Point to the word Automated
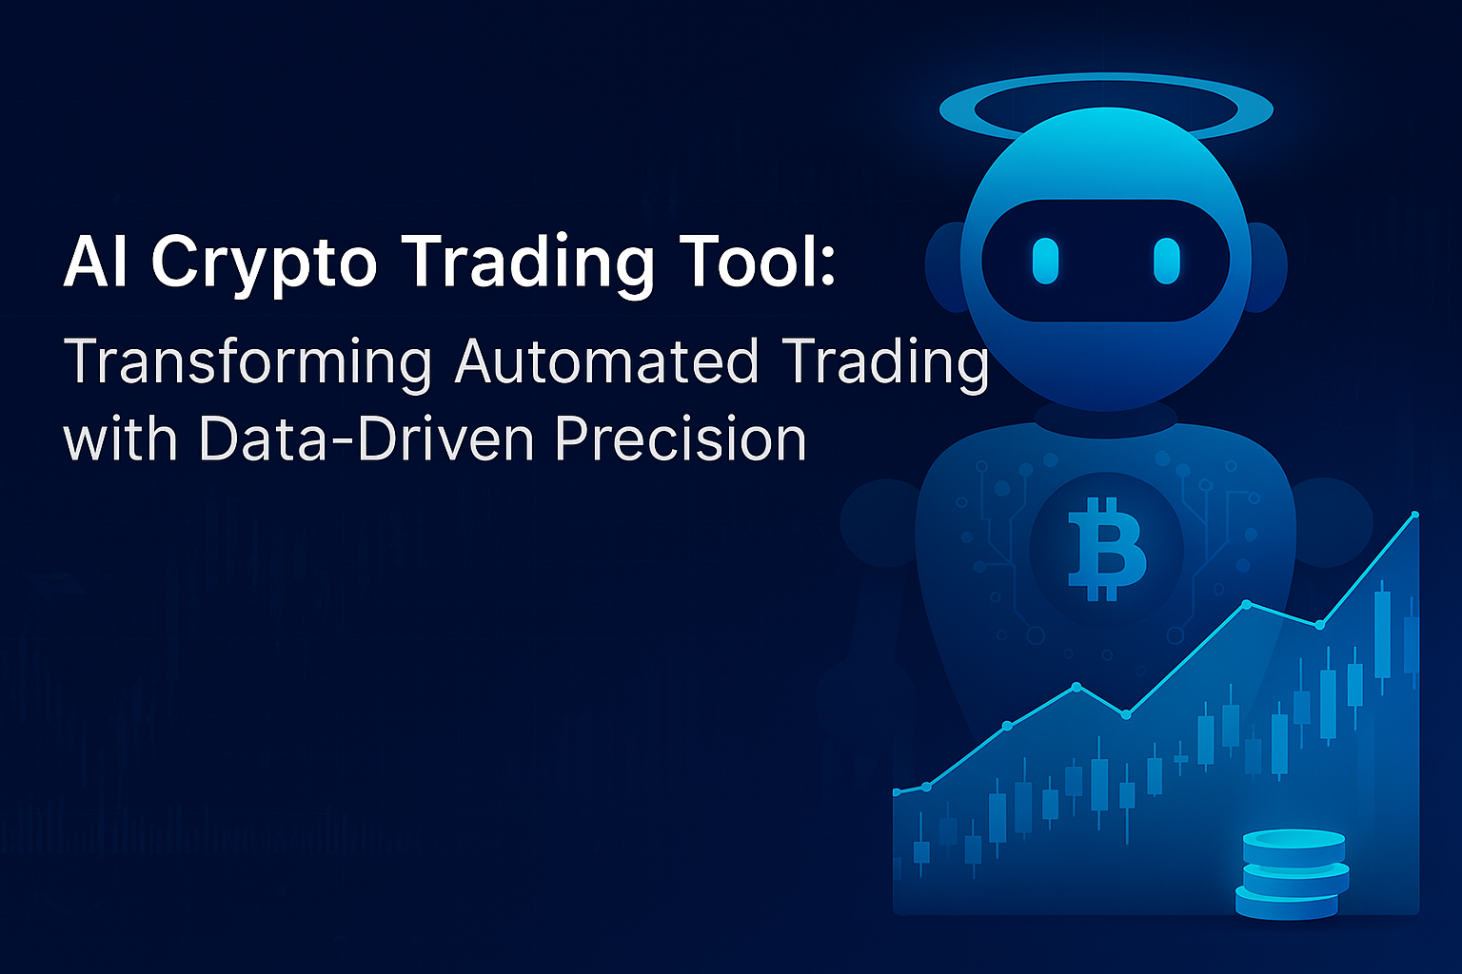pyautogui.click(x=606, y=362)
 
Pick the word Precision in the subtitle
pyautogui.click(x=680, y=439)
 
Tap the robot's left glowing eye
pyautogui.click(x=1045, y=261)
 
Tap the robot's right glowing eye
pyautogui.click(x=1167, y=261)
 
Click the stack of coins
pyautogui.click(x=1293, y=874)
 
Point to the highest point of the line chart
pyautogui.click(x=1415, y=515)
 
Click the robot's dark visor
pyautogui.click(x=1105, y=261)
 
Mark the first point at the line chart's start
pyautogui.click(x=897, y=791)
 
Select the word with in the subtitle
pyautogui.click(x=122, y=439)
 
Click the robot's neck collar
pyautogui.click(x=1105, y=419)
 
